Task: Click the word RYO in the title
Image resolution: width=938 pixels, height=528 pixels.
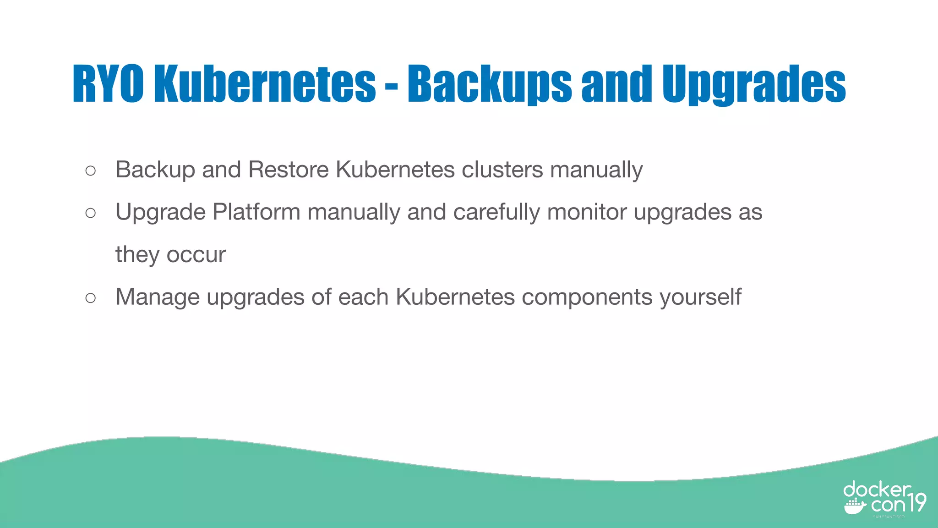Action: coord(108,83)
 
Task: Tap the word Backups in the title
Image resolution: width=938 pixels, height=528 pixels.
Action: coord(490,83)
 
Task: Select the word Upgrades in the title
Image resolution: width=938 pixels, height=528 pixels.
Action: coord(754,83)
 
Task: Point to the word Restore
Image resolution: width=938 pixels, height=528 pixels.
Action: coord(289,170)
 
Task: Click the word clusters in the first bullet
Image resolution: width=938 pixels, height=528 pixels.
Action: coord(502,170)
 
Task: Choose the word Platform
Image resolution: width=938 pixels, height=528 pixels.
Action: coord(256,212)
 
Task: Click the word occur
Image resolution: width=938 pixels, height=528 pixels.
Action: coord(196,255)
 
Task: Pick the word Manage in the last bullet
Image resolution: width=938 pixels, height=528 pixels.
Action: coord(158,297)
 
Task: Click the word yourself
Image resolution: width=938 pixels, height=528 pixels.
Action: coord(700,297)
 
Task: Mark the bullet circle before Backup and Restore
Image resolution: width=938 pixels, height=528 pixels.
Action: coord(91,171)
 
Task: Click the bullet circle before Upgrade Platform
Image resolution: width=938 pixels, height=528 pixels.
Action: coord(91,213)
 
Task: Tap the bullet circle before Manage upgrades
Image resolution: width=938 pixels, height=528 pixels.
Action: coord(91,298)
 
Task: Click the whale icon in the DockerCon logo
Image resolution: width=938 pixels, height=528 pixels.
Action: coord(855,507)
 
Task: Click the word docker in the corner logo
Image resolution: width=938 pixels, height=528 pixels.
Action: coord(877,489)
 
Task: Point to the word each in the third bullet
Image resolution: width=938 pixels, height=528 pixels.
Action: coord(363,297)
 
